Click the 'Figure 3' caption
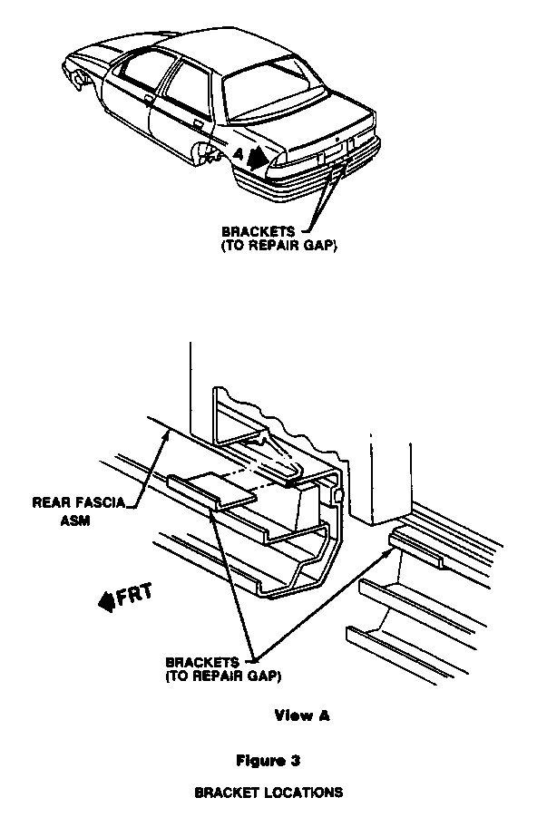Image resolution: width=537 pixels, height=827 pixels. [268, 761]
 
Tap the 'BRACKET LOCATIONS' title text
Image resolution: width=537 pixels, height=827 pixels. [268, 793]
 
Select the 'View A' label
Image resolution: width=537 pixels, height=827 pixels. [302, 715]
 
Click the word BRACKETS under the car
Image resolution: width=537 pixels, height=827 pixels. [258, 231]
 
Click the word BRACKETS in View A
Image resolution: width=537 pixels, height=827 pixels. [202, 662]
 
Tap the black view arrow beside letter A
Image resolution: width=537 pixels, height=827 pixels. [258, 157]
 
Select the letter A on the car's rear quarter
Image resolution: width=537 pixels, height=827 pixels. [239, 154]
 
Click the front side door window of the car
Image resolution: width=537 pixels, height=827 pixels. [144, 69]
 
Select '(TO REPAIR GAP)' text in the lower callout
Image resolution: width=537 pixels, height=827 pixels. [223, 676]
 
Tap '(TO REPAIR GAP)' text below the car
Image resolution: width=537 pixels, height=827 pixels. [279, 246]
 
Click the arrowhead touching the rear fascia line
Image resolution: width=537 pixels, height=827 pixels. [167, 435]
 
